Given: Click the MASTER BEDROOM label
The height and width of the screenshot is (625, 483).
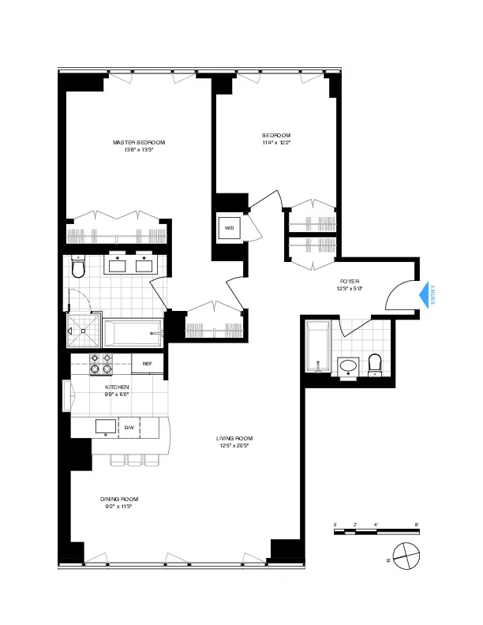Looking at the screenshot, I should coord(139,142).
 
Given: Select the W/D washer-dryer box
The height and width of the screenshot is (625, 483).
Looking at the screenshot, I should coord(230,228).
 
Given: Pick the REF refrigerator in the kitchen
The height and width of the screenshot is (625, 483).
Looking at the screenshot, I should coord(148,363).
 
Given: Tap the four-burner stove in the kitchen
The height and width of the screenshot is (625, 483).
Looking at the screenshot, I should coord(100,364).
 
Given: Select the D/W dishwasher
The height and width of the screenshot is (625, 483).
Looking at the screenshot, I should coord(129,428).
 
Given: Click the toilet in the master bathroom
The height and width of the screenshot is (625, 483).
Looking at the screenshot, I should coord(77,269).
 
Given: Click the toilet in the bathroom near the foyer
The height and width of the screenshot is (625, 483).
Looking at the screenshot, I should coord(375,364).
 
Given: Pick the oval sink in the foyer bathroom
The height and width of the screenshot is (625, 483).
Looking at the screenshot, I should coord(347,366).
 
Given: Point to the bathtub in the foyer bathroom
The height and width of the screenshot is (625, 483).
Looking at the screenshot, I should coord(317,346).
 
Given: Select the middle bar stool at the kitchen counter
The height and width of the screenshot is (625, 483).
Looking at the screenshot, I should coord(134,460).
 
